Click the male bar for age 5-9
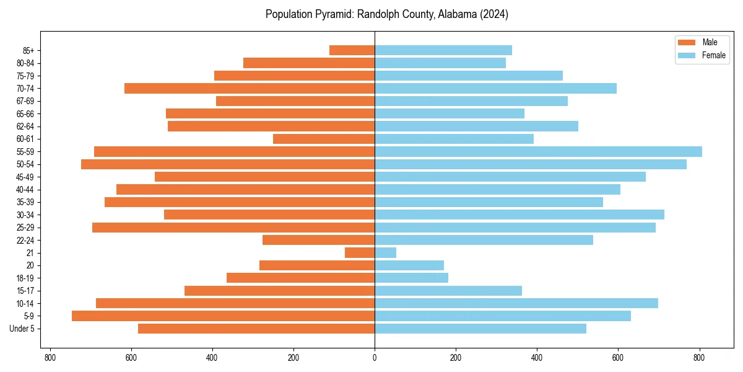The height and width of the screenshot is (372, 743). pos(223,316)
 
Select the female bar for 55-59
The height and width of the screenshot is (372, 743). pos(538,151)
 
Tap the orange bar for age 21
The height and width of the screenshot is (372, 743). pos(360,253)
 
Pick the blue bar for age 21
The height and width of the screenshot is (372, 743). pos(385,253)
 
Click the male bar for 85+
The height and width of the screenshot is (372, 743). pos(352,50)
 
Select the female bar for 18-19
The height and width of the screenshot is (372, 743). pos(411,278)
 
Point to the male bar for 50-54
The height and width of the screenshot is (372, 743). pos(228,164)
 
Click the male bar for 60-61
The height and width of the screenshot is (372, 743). pos(324,139)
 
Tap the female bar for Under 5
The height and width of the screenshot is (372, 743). pos(480,329)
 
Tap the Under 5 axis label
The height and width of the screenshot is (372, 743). pos(22,329)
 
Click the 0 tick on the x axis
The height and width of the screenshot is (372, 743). pos(375,358)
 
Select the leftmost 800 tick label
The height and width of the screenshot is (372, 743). pos(50,358)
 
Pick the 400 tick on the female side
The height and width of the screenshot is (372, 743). pos(537,358)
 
